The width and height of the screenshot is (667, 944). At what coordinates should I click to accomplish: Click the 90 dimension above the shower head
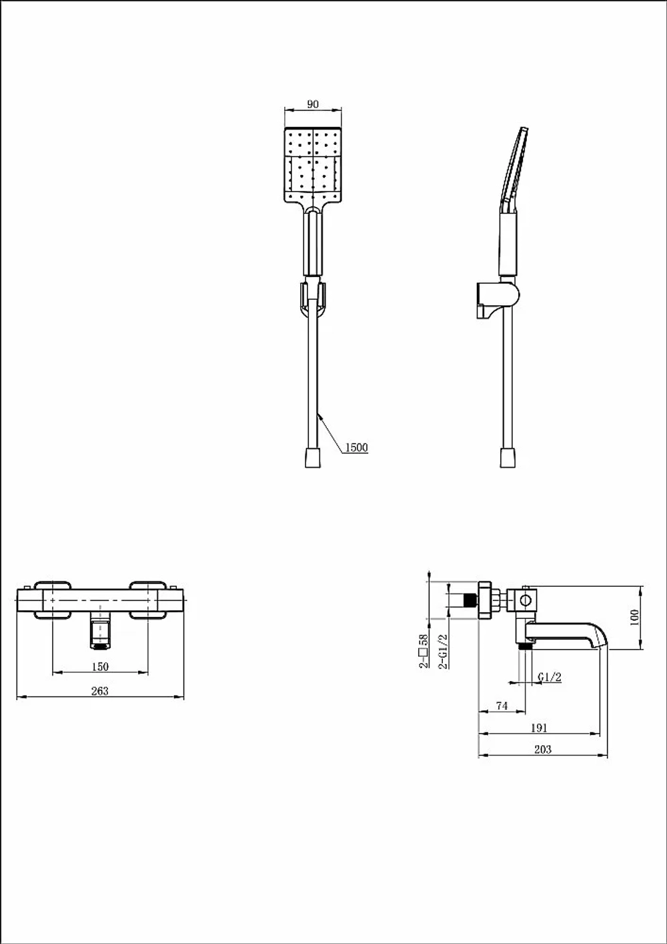[x=313, y=104]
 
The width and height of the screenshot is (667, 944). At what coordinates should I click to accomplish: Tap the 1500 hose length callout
[x=356, y=447]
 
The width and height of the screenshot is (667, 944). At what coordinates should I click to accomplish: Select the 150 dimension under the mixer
[x=100, y=666]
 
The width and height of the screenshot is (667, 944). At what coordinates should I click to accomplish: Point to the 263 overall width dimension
[x=100, y=691]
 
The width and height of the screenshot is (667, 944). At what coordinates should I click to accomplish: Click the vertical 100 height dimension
[x=635, y=618]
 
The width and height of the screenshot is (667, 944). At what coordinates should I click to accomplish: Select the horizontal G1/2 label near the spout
[x=550, y=677]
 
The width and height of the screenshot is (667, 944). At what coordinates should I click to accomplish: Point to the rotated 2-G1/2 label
[x=443, y=652]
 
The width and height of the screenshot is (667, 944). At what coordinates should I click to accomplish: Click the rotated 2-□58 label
[x=423, y=651]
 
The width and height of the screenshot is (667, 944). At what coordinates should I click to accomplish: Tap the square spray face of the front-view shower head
[x=313, y=165]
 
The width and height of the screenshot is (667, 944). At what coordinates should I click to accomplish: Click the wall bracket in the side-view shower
[x=497, y=300]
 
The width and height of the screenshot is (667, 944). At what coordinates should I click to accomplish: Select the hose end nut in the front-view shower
[x=313, y=458]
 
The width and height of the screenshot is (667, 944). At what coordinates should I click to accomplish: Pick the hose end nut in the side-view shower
[x=508, y=458]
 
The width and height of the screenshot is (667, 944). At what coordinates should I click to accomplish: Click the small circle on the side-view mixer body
[x=526, y=600]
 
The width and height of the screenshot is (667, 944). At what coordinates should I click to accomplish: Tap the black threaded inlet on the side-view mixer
[x=470, y=600]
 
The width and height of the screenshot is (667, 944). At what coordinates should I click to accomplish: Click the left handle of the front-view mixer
[x=53, y=600]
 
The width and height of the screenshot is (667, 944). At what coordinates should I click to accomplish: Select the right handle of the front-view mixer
[x=147, y=600]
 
